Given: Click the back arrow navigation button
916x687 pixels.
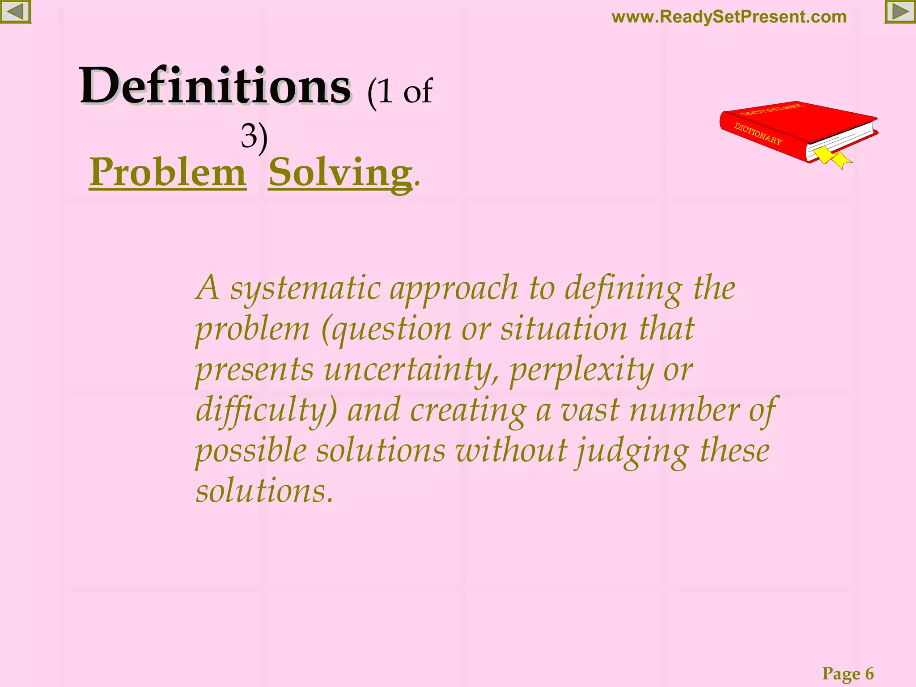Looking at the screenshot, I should tap(15, 12).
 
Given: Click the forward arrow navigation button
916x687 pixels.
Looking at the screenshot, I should tap(900, 12).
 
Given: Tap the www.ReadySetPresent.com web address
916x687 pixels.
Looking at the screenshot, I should tap(729, 17).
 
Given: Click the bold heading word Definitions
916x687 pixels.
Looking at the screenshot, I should tap(215, 85).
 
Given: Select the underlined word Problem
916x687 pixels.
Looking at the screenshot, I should tap(168, 173).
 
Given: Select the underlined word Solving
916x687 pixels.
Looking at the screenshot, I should tap(340, 174).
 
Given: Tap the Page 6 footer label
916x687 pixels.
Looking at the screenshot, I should tap(848, 673).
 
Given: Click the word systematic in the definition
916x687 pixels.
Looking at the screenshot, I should tap(305, 288).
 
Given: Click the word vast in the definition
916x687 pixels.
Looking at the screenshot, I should tap(589, 411).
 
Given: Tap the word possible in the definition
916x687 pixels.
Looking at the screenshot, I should tap(251, 451).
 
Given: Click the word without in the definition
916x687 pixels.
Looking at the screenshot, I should tap(511, 451).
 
